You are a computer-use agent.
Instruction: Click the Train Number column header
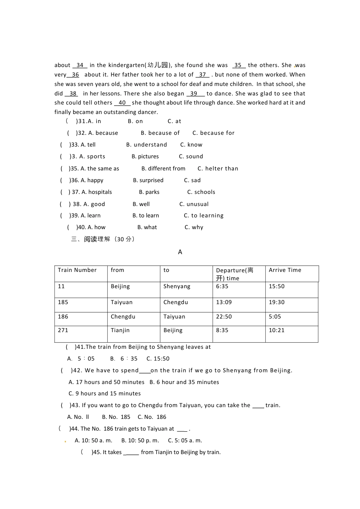[77, 270]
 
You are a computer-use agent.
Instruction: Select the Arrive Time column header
[285, 270]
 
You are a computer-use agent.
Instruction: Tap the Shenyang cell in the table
[177, 286]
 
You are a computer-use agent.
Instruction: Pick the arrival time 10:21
[276, 330]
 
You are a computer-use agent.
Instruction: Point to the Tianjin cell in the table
[120, 330]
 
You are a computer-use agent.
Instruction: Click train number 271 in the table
[63, 330]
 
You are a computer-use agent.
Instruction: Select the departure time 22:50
[224, 317]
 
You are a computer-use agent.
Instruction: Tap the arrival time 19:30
[276, 302]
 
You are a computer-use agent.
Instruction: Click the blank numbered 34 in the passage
[80, 65]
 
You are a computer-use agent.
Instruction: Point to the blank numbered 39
[194, 94]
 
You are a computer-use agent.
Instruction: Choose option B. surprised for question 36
[148, 180]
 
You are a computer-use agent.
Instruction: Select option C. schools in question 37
[201, 192]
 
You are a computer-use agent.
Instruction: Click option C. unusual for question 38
[194, 204]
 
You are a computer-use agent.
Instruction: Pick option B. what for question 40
[147, 227]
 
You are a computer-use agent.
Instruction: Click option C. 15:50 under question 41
[158, 359]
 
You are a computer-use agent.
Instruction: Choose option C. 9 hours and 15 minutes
[105, 393]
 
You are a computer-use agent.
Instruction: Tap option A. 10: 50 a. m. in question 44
[93, 440]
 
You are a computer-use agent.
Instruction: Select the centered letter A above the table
[180, 252]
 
